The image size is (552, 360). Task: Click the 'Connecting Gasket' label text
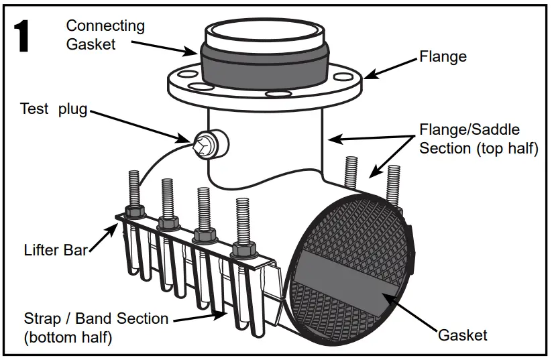(105, 35)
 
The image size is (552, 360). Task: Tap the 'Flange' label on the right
(443, 56)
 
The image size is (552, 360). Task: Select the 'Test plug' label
(54, 109)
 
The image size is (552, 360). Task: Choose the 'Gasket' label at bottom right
(462, 335)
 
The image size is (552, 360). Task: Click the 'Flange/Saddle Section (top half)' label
(478, 139)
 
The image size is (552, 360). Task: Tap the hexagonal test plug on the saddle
(203, 143)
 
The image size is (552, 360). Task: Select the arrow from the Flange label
(389, 68)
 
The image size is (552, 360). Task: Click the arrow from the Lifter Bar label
(105, 237)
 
